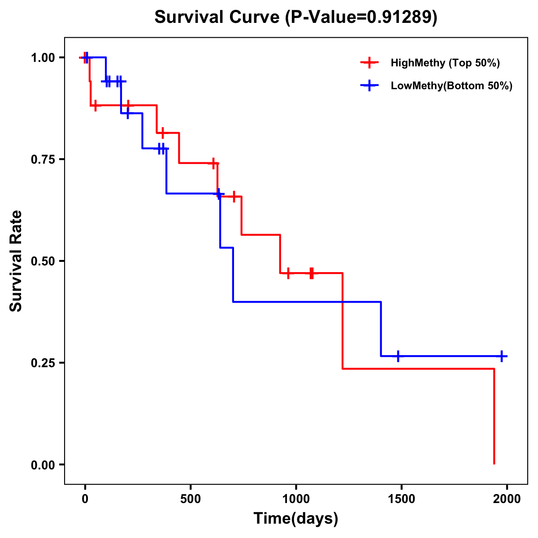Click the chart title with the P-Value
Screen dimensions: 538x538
coord(295,17)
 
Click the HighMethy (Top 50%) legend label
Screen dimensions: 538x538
coord(445,63)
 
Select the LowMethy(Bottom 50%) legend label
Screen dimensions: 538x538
coord(451,86)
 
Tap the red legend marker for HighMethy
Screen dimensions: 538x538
coord(369,63)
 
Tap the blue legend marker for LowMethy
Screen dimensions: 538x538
coord(369,86)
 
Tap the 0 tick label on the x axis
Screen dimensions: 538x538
coord(85,499)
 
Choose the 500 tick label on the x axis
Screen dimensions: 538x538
coord(191,499)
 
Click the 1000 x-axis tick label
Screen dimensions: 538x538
coord(296,499)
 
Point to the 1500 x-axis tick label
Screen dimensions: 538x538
coord(401,499)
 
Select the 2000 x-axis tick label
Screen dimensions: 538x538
coord(507,499)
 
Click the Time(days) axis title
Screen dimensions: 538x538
coord(296,519)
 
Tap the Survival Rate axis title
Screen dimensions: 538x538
coord(16,261)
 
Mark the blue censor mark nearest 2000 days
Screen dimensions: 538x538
coord(502,356)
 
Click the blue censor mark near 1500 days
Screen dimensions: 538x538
coord(397,356)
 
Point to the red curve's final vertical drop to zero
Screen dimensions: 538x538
coord(494,417)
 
